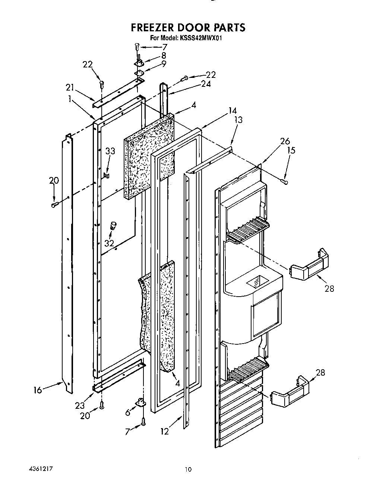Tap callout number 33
tap(110, 151)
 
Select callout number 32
tap(109, 243)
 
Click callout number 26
tap(285, 141)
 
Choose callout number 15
tap(291, 150)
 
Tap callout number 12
tap(164, 431)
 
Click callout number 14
tap(232, 110)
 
